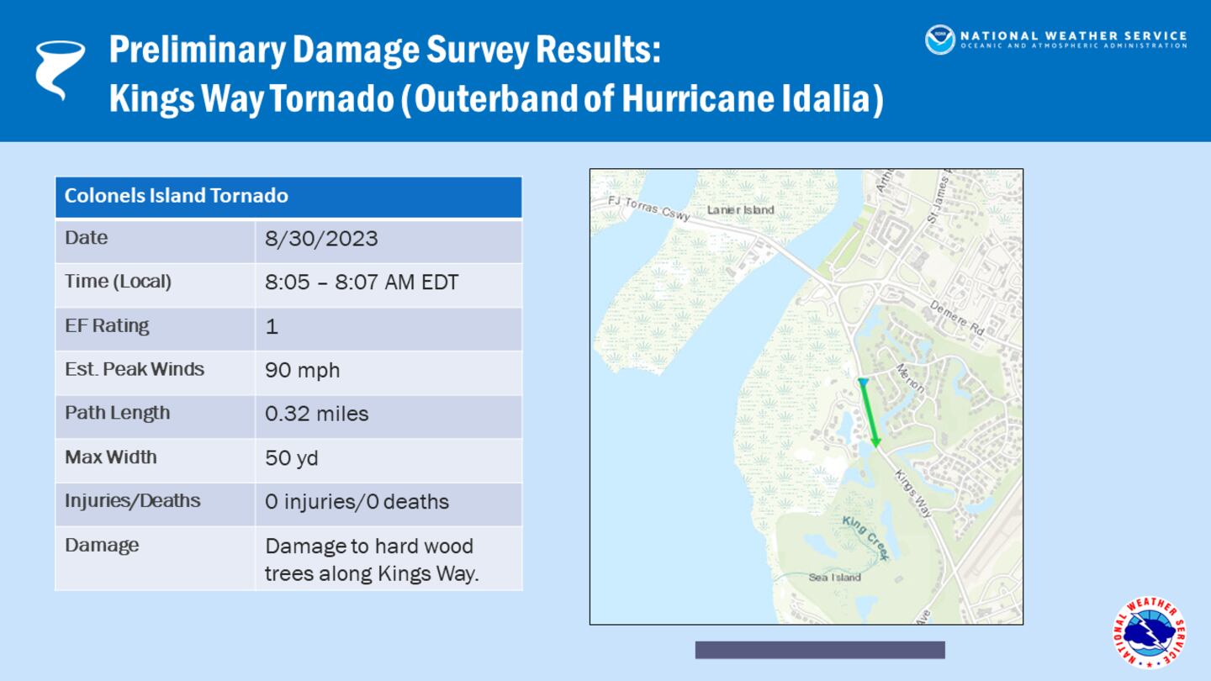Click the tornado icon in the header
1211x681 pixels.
pos(60,70)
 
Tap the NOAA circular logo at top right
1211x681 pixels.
pos(939,40)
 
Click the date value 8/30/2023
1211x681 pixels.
pos(321,239)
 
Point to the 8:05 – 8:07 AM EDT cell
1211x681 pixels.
pos(362,282)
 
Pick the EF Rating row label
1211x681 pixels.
pos(108,326)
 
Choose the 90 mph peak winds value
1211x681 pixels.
pos(302,370)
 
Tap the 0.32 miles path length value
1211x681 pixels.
pos(316,414)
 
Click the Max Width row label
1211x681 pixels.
pos(111,457)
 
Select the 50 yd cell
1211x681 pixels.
pos(291,458)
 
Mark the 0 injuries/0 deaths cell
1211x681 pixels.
pos(357,502)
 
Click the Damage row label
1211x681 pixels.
pos(102,545)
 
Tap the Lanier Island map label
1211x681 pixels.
pos(740,210)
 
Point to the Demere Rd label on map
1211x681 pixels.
pos(956,318)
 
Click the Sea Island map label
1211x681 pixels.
pos(834,578)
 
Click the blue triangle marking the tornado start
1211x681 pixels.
pos(862,383)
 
